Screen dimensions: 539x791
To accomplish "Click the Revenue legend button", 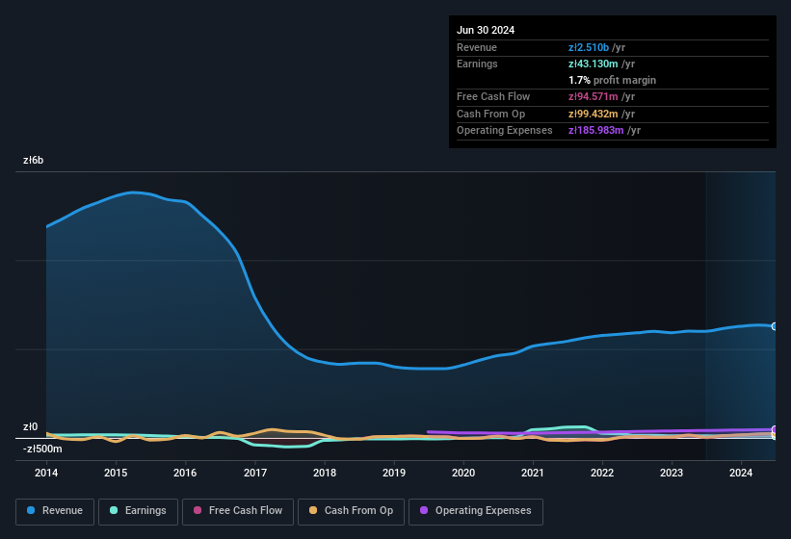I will pyautogui.click(x=55, y=511).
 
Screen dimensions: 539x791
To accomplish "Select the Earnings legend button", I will pyautogui.click(x=138, y=511).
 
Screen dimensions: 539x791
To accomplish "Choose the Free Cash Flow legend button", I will pyautogui.click(x=238, y=511).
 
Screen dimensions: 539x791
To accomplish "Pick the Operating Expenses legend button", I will pyautogui.click(x=475, y=511).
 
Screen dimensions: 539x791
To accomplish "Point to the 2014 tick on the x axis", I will pyautogui.click(x=46, y=473).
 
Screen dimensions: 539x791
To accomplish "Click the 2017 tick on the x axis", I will pyautogui.click(x=255, y=473).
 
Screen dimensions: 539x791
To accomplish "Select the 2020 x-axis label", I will pyautogui.click(x=463, y=473).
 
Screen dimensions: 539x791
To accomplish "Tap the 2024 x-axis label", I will pyautogui.click(x=741, y=473).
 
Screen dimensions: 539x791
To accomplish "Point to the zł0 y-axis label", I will pyautogui.click(x=31, y=427).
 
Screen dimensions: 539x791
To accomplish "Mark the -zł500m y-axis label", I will pyautogui.click(x=42, y=449).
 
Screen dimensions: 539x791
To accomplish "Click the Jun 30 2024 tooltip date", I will pyautogui.click(x=486, y=30).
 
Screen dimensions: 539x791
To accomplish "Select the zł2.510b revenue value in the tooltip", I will pyautogui.click(x=590, y=47).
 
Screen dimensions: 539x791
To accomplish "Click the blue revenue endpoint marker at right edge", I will pyautogui.click(x=774, y=326).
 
